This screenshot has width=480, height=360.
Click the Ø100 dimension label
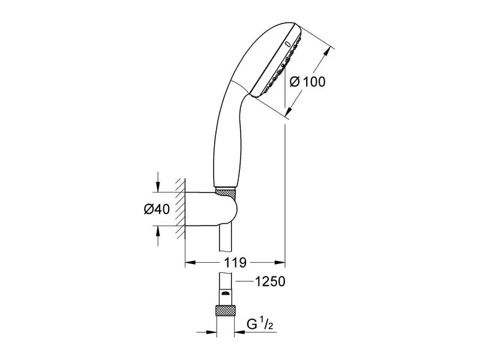307,82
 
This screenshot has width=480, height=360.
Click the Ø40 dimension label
157,209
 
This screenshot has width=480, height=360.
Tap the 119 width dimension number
235,263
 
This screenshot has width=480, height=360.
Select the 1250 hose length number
270,281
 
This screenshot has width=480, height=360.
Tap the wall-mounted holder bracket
211,209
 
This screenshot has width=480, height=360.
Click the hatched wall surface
180,209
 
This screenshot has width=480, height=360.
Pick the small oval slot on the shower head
287,44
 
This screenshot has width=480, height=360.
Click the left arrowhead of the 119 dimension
190,262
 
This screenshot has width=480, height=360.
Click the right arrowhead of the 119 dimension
280,262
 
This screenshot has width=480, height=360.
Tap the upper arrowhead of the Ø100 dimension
327,52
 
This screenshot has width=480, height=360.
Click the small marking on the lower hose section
226,294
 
